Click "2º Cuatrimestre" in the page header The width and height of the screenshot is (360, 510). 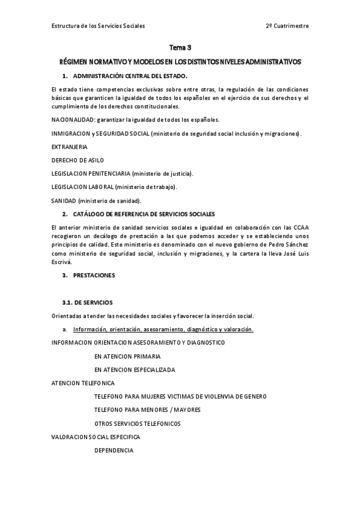tap(287, 26)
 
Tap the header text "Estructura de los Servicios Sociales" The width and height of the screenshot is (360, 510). tap(98, 26)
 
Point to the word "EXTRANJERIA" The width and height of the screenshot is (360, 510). tap(70, 146)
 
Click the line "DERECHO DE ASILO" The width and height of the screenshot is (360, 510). tap(78, 160)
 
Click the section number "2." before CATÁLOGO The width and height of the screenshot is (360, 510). tap(64, 214)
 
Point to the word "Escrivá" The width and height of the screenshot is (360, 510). tap(62, 262)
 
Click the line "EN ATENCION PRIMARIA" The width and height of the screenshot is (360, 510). tap(127, 356)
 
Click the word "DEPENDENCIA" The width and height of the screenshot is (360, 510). tap(114, 450)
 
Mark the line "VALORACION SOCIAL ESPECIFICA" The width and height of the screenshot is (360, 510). tap(96, 437)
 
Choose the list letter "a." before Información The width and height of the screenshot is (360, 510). tap(64, 329)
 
